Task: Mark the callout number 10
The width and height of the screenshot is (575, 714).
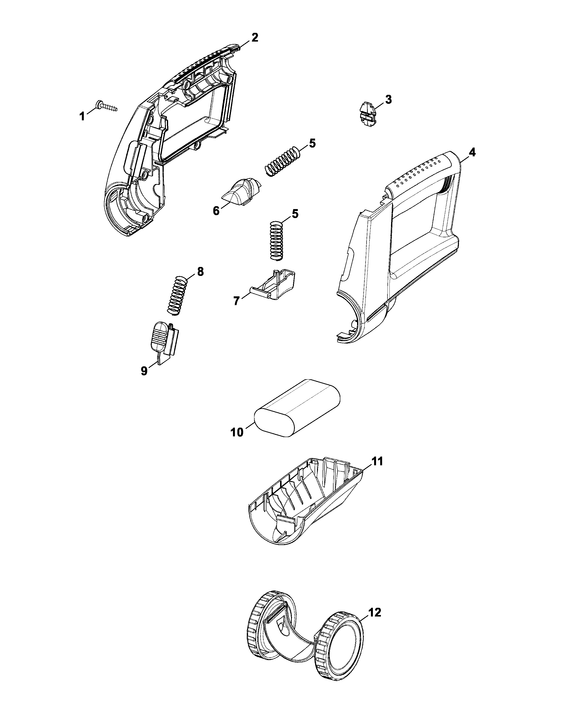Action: click(x=237, y=432)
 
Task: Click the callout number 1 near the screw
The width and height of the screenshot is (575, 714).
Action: click(x=82, y=116)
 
